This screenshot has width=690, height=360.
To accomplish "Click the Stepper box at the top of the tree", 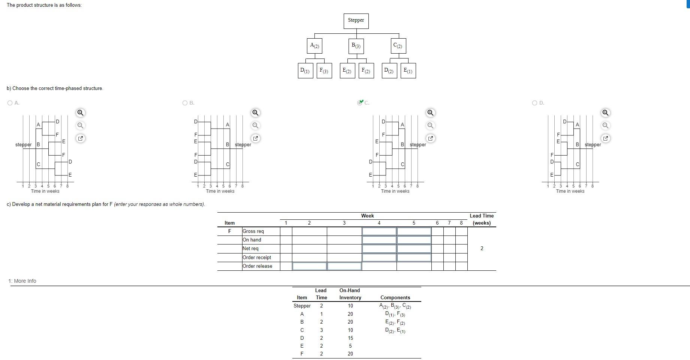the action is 356,21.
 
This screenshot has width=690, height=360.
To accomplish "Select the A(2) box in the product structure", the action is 315,46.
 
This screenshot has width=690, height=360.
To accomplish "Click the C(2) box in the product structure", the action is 398,46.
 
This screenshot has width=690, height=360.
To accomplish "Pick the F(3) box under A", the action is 324,71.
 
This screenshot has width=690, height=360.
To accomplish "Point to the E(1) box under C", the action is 408,71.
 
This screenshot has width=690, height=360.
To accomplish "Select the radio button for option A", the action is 10,103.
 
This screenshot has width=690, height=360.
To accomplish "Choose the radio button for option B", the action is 185,103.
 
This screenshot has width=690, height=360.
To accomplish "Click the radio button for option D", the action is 535,103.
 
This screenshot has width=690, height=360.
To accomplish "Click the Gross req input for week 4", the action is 379,231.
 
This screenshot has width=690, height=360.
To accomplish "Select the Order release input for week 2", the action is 309,266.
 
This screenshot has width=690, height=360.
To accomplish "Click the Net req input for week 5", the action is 414,249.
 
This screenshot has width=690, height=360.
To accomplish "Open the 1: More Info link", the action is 22,281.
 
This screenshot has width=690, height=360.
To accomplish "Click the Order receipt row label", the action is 257,257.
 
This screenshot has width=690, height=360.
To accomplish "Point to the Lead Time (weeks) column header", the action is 482,219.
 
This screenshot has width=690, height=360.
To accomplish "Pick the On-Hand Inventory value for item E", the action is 350,346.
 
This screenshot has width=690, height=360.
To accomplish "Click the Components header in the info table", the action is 395,298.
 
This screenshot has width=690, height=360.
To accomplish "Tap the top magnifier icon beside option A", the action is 80,113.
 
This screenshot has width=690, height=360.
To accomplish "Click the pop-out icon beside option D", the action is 605,138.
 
